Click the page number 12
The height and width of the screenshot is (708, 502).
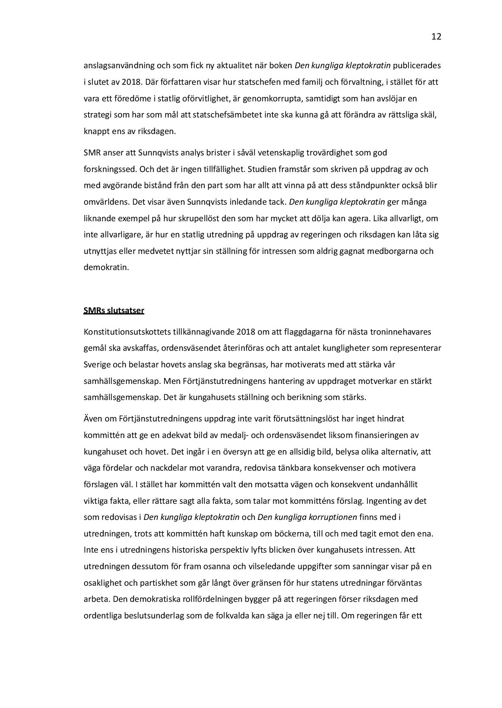click(436, 37)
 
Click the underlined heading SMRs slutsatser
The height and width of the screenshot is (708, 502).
click(114, 310)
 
